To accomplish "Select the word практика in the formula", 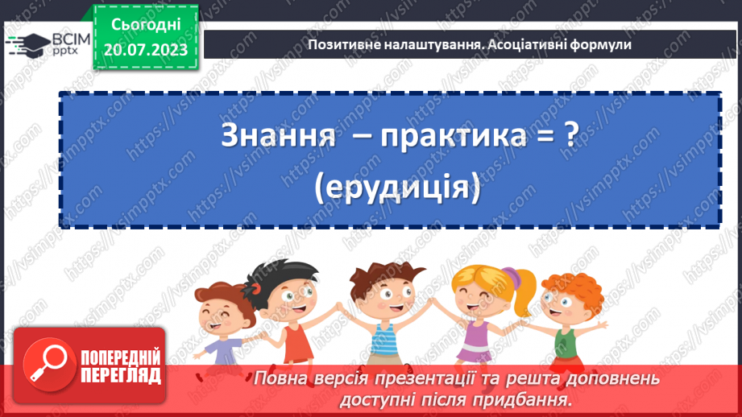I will [x=444, y=136].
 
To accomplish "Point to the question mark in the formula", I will [x=570, y=136].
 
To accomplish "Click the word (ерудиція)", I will [x=399, y=188].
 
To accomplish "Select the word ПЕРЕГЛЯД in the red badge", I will [x=122, y=375].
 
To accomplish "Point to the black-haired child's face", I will [x=287, y=298].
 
